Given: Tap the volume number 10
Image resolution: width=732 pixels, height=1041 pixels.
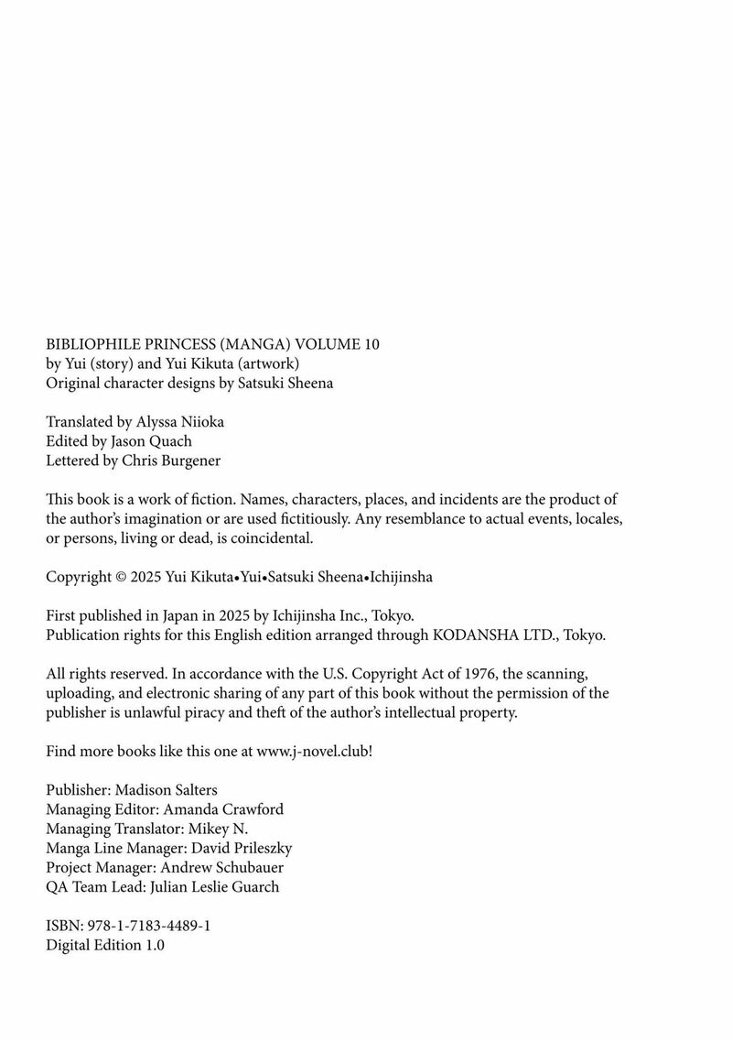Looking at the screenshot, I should [x=370, y=344].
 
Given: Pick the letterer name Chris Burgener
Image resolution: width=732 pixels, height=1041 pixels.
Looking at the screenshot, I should [x=171, y=461].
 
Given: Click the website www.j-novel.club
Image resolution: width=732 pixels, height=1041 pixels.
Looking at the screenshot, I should [x=312, y=751].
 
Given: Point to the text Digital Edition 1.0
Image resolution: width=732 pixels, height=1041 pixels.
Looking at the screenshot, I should [x=105, y=945].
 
